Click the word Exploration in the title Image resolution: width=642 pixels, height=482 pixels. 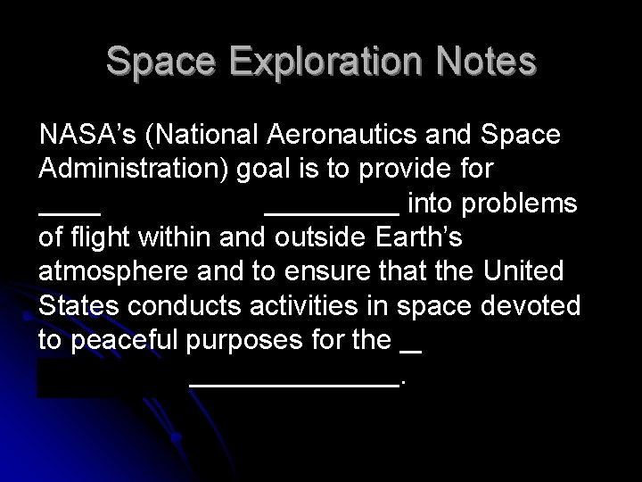pos(322,62)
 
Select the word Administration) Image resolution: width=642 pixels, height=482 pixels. pos(134,170)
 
